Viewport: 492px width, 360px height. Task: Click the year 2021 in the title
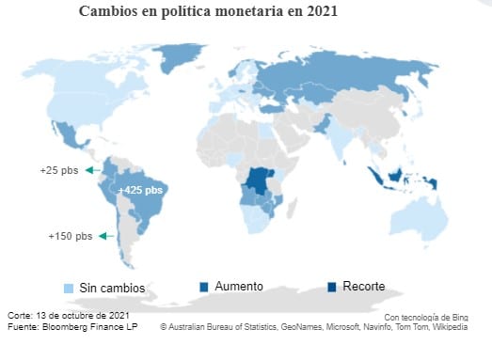click(x=322, y=11)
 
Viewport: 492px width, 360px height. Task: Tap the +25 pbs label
click(x=59, y=170)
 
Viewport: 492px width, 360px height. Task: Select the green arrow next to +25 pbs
click(x=93, y=170)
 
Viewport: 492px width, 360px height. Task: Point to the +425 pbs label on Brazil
click(x=140, y=190)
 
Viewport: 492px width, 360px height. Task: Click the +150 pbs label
click(x=71, y=236)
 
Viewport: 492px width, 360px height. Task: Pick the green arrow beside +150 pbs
click(x=106, y=236)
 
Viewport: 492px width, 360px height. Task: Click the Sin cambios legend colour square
click(x=69, y=289)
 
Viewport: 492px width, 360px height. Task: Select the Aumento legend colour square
click(x=204, y=287)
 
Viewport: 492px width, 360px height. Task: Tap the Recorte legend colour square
click(x=332, y=287)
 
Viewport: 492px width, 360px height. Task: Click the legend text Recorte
click(x=364, y=287)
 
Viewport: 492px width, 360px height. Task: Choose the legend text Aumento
click(x=239, y=287)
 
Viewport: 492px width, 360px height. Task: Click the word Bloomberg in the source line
click(x=62, y=327)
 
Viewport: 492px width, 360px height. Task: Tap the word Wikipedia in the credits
click(x=450, y=327)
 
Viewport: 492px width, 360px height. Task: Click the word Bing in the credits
click(x=460, y=318)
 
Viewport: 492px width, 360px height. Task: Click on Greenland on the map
click(x=177, y=56)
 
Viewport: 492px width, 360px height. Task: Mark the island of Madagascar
click(x=292, y=209)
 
